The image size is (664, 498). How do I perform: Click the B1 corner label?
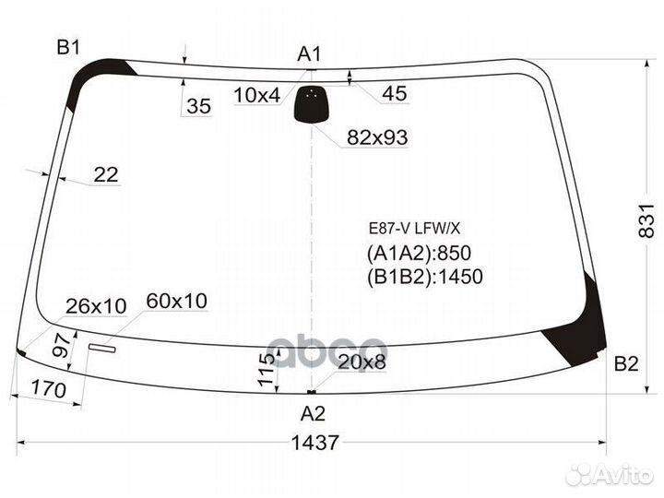[69, 47]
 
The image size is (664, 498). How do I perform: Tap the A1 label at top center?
[309, 54]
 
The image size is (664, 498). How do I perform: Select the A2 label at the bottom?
[314, 414]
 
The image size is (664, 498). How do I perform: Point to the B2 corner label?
[626, 364]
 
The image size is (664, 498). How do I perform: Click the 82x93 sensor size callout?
[377, 137]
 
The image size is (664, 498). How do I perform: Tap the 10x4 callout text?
[256, 94]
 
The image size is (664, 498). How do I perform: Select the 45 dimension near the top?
[394, 93]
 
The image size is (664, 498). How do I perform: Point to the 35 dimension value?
[198, 107]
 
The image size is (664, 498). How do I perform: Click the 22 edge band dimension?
[107, 174]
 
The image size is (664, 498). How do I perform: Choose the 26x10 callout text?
[97, 305]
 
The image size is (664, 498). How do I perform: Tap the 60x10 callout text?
[177, 301]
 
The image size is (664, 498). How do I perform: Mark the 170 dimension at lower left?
[49, 391]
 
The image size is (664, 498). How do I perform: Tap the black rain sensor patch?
[312, 104]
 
